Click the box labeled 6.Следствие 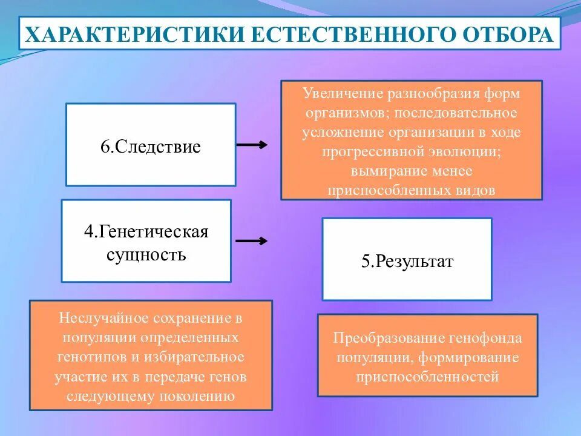point(150,145)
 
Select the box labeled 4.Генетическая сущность point(146,241)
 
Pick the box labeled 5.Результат point(407,259)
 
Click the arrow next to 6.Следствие point(251,145)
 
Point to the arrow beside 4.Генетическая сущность point(251,241)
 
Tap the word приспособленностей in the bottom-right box point(427,377)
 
